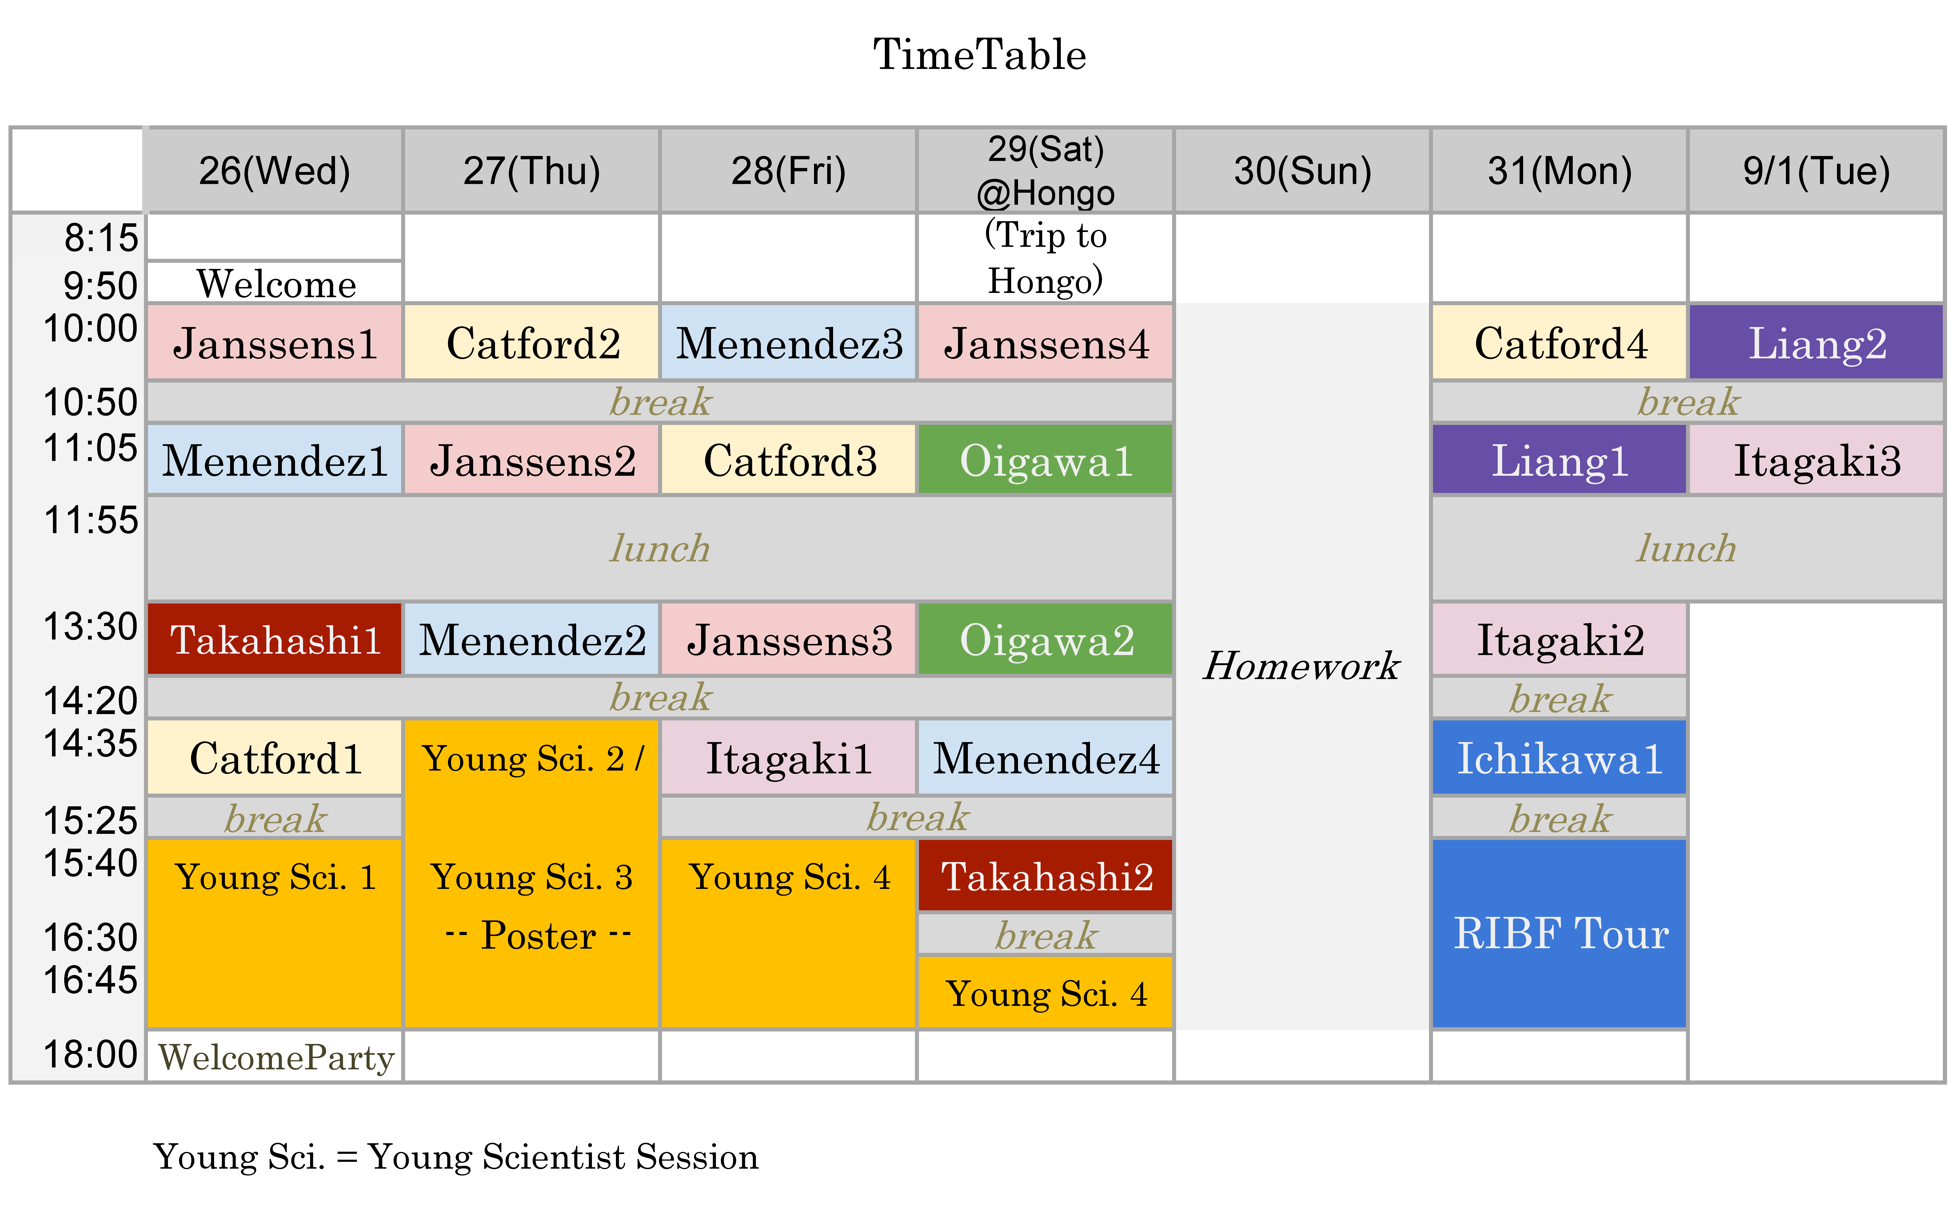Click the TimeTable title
[979, 54]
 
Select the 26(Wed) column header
[275, 171]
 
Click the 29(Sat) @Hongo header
[1046, 171]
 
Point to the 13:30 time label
[91, 626]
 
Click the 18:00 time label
[91, 1054]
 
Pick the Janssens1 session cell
[275, 343]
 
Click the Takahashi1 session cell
[275, 639]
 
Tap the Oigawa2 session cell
[1046, 639]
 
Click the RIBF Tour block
[1560, 933]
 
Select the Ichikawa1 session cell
[1560, 758]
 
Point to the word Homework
[1302, 666]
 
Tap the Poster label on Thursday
[538, 935]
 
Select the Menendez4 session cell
[1046, 758]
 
